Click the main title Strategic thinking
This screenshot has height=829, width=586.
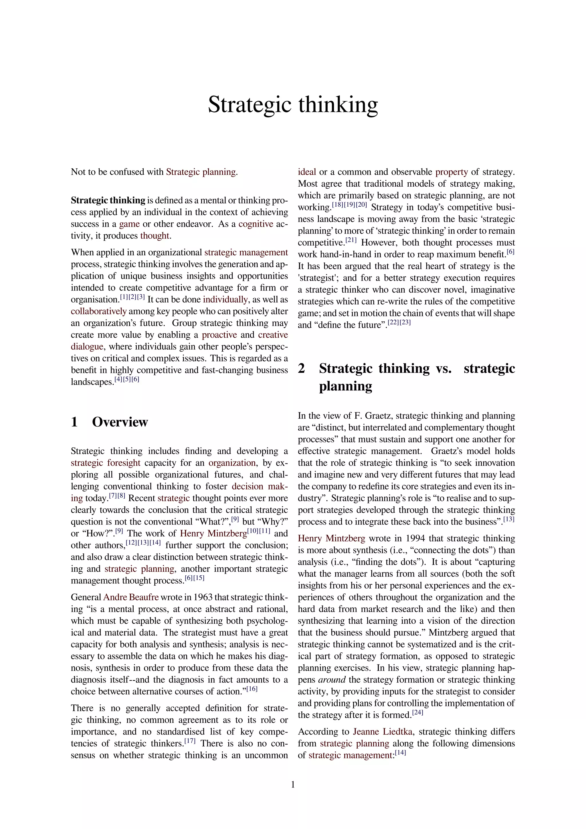pos(293,104)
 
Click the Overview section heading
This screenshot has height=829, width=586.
pos(120,422)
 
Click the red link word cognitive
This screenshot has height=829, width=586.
pos(256,224)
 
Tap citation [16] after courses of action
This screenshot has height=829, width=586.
pos(252,689)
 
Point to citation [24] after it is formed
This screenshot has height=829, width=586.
pos(417,713)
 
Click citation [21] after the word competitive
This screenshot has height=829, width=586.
pos(351,240)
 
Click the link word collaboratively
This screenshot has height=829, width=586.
pos(98,311)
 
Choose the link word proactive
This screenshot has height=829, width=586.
pos(219,335)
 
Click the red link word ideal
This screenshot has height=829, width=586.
pos(307,172)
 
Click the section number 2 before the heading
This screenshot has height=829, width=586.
pos(302,368)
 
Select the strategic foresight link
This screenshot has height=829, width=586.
pos(105,463)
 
